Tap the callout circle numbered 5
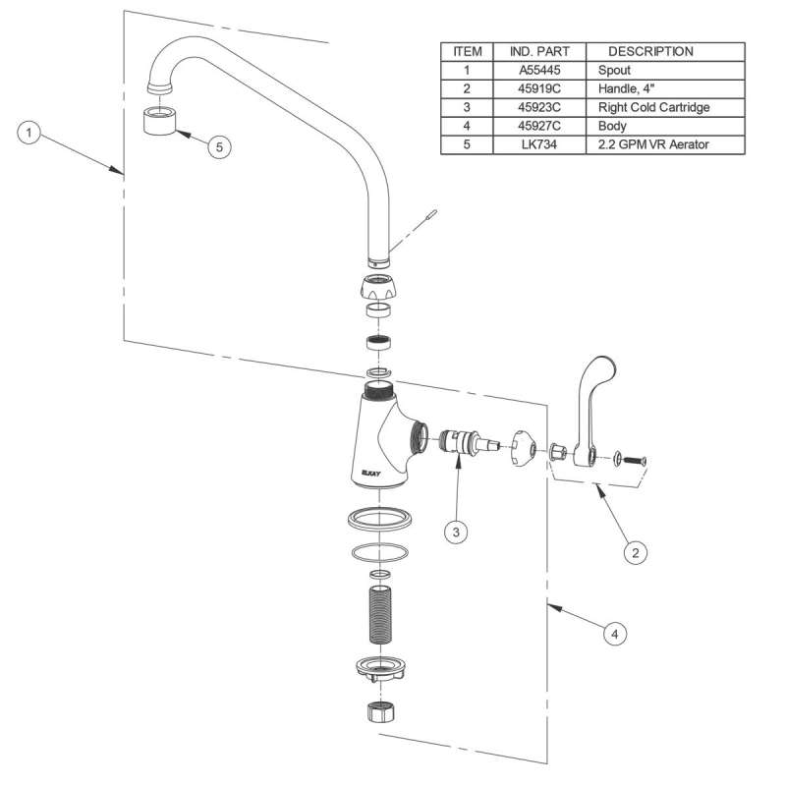click(219, 145)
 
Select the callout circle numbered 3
click(455, 532)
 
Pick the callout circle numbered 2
click(635, 553)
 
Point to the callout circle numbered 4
click(613, 635)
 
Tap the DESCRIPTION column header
click(650, 51)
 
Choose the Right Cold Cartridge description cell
click(652, 107)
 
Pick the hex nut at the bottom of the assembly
click(377, 712)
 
